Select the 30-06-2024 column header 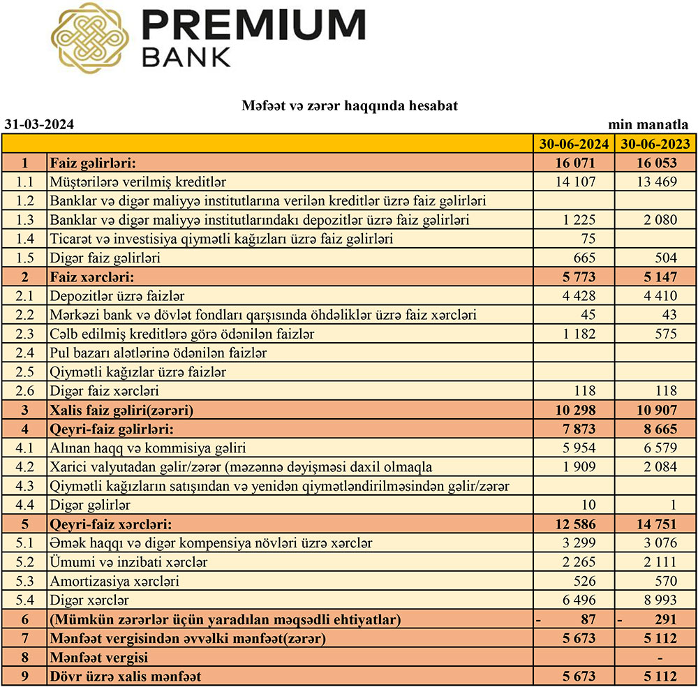[574, 145]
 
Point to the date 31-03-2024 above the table [39, 125]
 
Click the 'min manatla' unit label [648, 125]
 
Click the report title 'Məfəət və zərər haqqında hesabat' [350, 105]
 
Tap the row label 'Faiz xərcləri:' [91, 277]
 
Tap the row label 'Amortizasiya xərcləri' [114, 581]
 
